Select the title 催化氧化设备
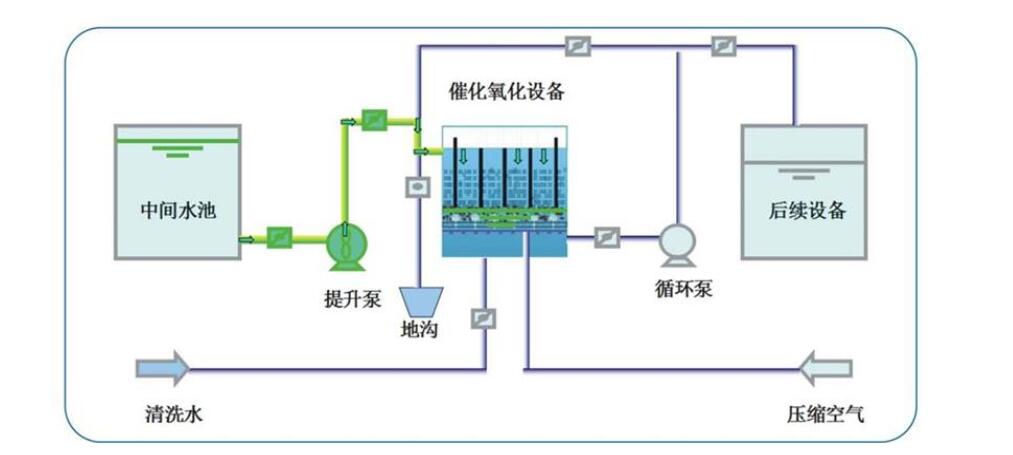click(507, 93)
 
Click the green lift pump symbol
click(345, 245)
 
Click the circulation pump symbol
click(676, 242)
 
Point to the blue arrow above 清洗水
click(162, 367)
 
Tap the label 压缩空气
click(826, 412)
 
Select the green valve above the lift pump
click(372, 119)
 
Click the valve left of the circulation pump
click(606, 237)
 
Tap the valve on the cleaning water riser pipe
click(484, 318)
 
